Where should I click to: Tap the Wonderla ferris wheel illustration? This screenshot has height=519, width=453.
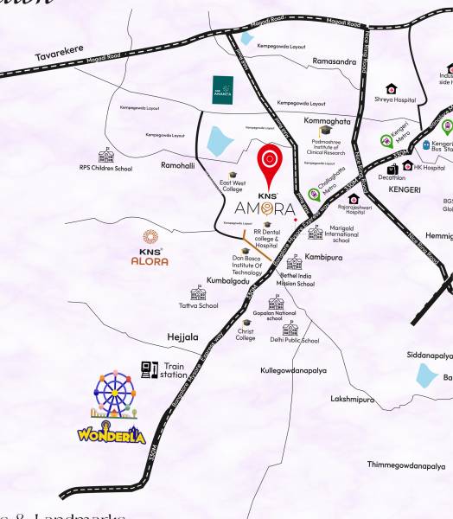point(110,394)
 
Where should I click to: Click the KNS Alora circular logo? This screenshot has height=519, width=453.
point(150,238)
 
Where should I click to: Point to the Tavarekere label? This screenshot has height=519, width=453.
point(59,54)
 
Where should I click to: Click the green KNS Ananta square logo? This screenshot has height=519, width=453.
point(223,88)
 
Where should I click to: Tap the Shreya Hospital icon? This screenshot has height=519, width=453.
point(392,88)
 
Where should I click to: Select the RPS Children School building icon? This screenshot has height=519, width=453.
point(106,155)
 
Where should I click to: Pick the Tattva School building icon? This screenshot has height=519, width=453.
point(197,293)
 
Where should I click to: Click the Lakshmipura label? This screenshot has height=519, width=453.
point(353,400)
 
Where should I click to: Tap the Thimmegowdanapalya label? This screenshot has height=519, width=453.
point(405,465)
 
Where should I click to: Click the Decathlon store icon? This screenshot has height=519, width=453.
point(392,169)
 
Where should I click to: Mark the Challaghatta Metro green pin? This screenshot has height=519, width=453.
point(315,195)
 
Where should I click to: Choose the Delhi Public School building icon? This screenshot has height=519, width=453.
point(290,329)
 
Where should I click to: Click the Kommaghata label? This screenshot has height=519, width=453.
point(329,121)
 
